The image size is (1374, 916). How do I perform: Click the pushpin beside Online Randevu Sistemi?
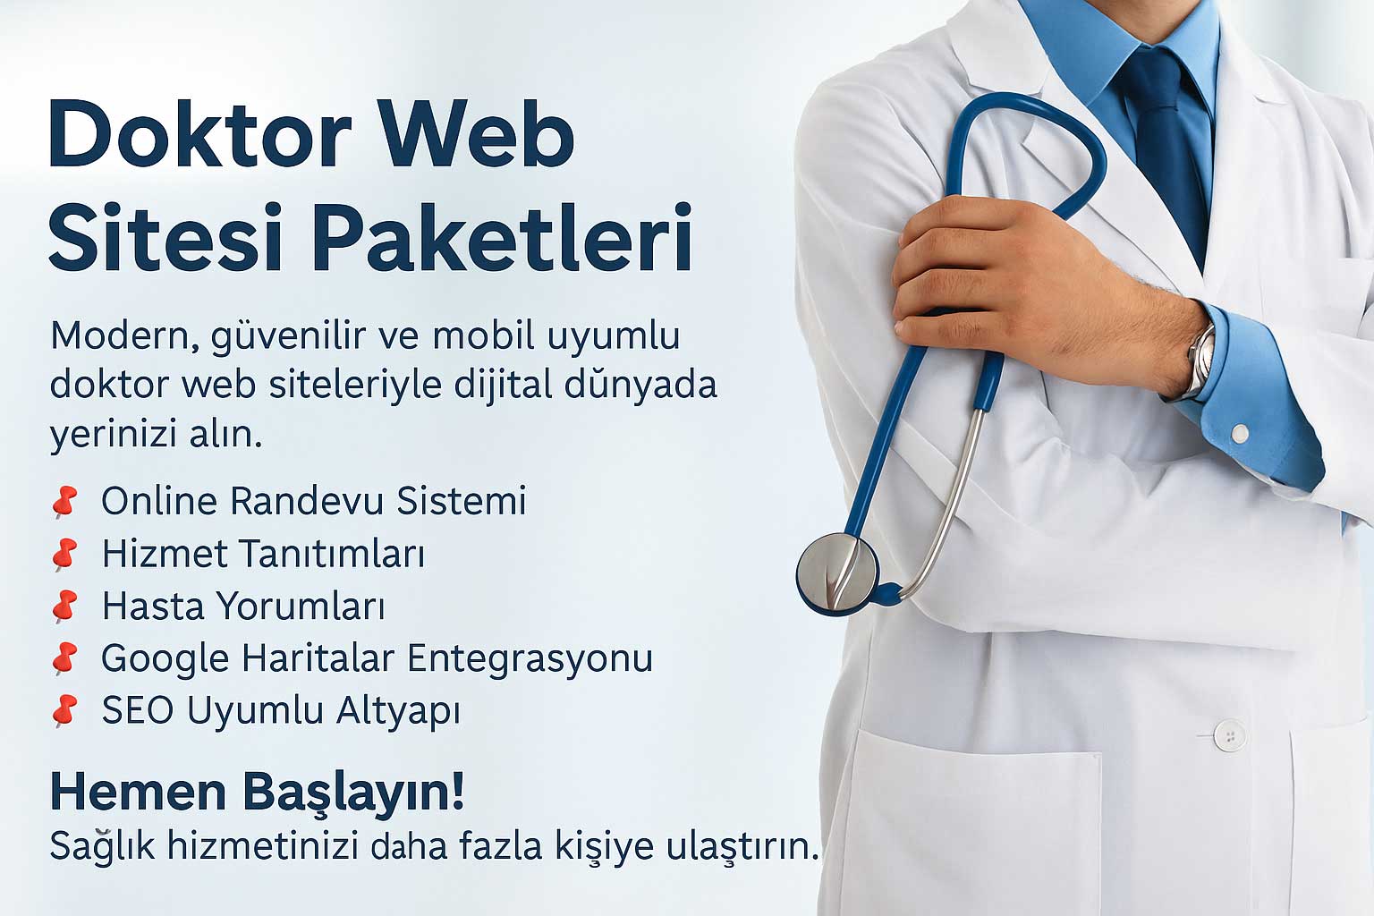coord(64,502)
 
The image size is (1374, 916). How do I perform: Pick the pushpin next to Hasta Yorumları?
coord(64,606)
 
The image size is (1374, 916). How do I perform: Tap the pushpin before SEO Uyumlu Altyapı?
coord(64,711)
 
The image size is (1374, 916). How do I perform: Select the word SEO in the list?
coord(137,711)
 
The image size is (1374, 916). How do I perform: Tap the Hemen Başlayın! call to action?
coord(257,792)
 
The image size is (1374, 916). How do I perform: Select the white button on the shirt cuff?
coord(1240,434)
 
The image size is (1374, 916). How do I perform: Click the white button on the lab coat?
coord(1230,736)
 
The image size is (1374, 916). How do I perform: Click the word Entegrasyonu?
coord(530,659)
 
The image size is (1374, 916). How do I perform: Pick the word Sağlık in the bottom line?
coord(102,846)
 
